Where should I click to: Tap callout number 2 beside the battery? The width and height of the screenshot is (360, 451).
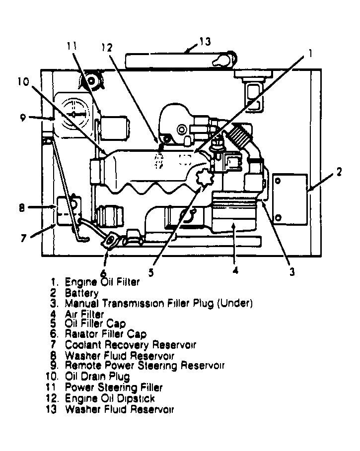[339, 172]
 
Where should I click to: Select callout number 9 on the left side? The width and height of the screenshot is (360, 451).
[23, 118]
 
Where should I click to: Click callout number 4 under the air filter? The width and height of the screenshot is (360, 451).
[235, 271]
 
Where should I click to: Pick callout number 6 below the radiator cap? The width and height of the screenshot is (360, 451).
[103, 273]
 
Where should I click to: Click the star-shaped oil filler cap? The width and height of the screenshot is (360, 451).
[204, 178]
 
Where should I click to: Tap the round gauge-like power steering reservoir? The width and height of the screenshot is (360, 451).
[73, 114]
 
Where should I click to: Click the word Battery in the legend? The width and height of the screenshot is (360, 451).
[81, 293]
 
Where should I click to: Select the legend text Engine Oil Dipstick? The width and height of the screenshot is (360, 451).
[110, 398]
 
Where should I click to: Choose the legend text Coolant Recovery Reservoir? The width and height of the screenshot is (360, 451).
[130, 345]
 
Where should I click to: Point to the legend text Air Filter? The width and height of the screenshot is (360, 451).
[84, 314]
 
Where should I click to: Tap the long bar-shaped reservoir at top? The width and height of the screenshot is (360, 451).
[179, 61]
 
